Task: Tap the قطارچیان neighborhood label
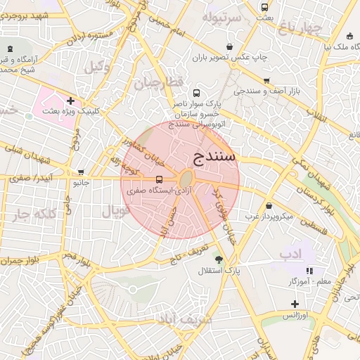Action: coord(159,83)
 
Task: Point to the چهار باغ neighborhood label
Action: coord(300,28)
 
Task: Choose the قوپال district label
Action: coord(116,210)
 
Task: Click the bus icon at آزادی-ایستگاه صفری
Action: coord(159,179)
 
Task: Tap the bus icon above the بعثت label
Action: coord(264,8)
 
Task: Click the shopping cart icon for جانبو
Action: coord(81,172)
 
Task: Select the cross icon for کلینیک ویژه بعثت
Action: coord(70,101)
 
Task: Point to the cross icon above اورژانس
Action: coord(295,304)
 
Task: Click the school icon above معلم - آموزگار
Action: coord(309,270)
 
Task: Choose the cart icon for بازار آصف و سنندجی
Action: coord(266,81)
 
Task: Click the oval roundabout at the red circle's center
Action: coord(187,179)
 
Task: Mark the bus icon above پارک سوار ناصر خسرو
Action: coord(196,93)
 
